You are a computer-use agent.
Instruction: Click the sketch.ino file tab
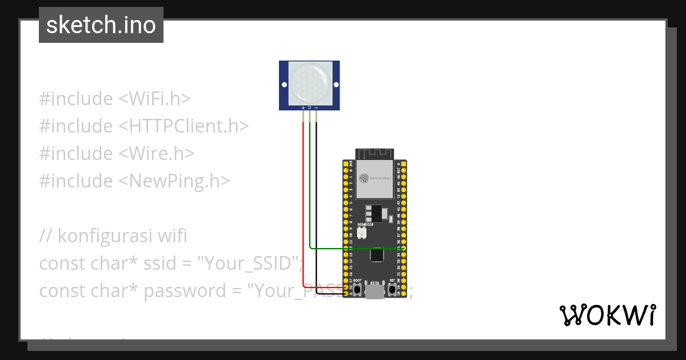tap(101, 25)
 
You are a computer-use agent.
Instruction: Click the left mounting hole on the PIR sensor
tap(284, 85)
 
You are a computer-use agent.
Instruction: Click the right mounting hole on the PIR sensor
tap(336, 85)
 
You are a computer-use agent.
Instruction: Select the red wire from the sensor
tap(302, 200)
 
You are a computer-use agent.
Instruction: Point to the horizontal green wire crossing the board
tap(354, 249)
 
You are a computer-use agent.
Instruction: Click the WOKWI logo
tap(607, 315)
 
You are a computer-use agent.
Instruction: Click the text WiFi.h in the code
tap(154, 99)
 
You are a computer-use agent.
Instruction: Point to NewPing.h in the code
tap(174, 181)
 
